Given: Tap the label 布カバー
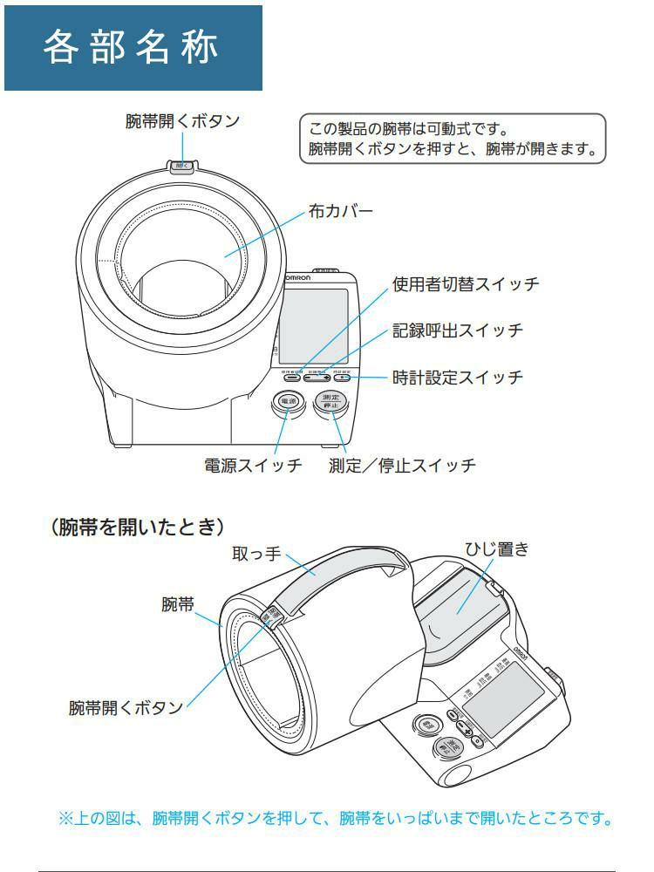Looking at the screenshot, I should click(341, 212).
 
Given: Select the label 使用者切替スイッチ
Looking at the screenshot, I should click(466, 284).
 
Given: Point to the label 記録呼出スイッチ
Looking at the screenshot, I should click(457, 330).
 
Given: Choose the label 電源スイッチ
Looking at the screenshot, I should click(253, 466).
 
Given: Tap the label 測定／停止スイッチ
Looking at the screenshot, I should click(402, 466).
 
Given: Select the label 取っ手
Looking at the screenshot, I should click(255, 555).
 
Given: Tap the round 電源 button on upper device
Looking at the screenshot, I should click(287, 403).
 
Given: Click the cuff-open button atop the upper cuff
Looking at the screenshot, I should click(181, 164).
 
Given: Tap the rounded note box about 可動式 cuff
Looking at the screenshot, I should click(452, 138).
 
